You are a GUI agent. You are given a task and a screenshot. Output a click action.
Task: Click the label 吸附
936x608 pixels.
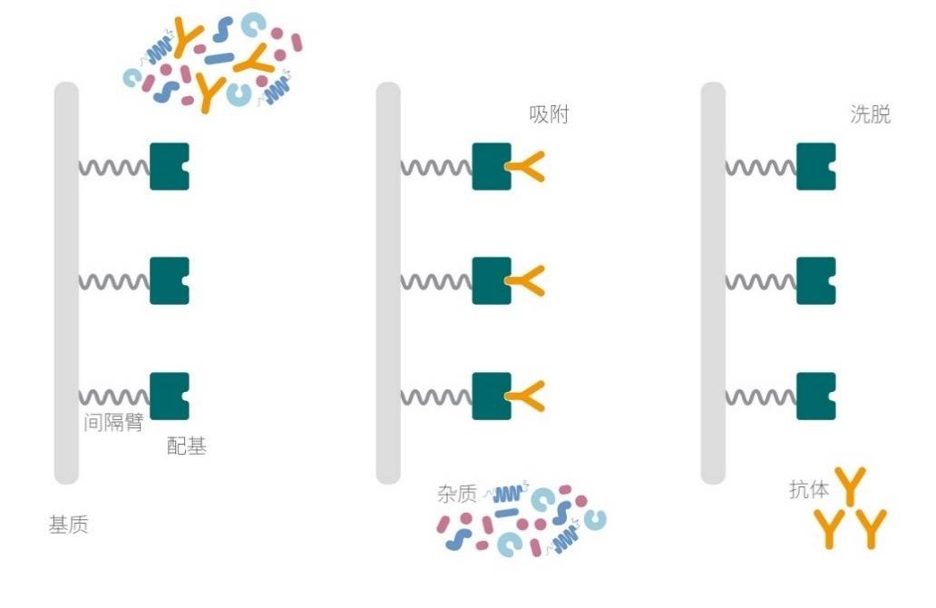click(x=549, y=114)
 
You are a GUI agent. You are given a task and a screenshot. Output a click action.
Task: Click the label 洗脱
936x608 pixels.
click(x=871, y=114)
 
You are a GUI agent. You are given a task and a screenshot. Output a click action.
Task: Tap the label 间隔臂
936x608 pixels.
click(x=113, y=422)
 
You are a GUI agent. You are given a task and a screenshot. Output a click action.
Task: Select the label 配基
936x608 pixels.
click(x=186, y=446)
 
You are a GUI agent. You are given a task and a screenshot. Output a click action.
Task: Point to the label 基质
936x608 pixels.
click(x=68, y=525)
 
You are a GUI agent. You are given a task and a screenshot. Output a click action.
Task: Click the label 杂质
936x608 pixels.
click(x=456, y=494)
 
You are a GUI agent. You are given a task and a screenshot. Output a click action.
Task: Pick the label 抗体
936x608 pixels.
click(x=809, y=489)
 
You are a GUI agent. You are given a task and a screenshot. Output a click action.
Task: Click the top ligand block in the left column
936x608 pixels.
click(x=169, y=167)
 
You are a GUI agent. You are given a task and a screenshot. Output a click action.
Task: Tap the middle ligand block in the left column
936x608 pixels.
click(x=169, y=280)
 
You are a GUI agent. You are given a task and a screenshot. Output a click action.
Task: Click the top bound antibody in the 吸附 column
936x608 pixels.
click(x=525, y=167)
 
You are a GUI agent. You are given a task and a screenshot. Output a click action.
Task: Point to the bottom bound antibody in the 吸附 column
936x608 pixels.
click(x=525, y=396)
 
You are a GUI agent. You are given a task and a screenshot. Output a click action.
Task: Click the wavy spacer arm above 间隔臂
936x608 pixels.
click(x=114, y=397)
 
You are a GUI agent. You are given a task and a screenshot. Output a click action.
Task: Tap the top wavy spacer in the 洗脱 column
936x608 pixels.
click(x=761, y=167)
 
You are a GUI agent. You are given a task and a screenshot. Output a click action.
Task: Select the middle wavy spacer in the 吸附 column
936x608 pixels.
click(x=436, y=281)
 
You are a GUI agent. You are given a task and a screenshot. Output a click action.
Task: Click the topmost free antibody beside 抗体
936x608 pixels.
click(x=850, y=485)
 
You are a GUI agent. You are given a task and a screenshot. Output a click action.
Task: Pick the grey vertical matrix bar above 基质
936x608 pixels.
click(x=66, y=283)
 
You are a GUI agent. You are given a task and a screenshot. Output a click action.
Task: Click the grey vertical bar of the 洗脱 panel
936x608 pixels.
click(x=713, y=283)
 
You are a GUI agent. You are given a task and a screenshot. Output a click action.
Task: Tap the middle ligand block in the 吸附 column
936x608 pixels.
click(x=491, y=280)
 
